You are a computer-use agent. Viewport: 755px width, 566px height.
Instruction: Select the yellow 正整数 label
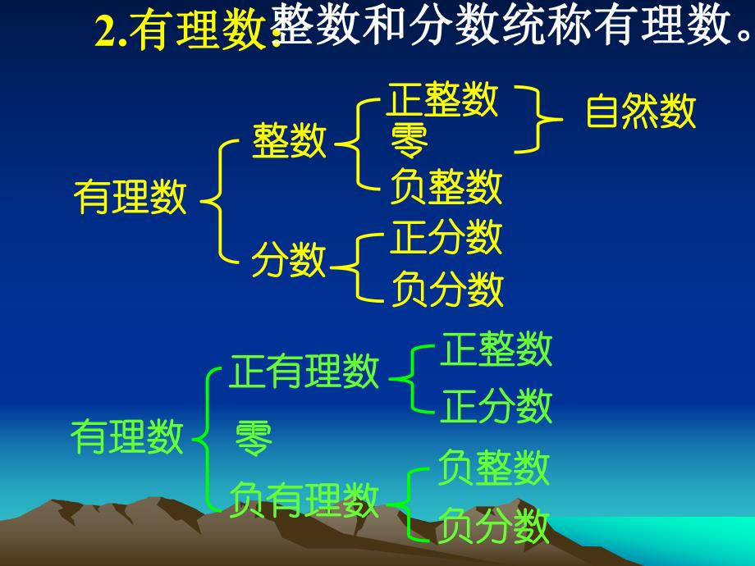point(443,100)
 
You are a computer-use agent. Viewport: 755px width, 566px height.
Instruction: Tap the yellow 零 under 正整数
point(409,142)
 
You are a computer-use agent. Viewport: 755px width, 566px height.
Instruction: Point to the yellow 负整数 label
point(446,188)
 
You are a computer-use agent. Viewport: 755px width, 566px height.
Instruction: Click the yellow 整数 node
point(289,141)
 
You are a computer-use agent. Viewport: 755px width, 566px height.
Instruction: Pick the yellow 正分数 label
point(446,238)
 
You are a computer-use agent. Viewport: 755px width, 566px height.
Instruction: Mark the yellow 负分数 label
point(446,288)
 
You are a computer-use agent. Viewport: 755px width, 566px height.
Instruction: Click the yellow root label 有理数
point(130,198)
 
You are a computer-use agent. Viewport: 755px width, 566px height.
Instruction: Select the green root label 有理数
point(128,437)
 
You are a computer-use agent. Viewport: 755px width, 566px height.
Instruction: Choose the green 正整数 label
point(496,350)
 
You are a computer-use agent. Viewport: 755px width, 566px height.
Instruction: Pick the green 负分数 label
point(492,526)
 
